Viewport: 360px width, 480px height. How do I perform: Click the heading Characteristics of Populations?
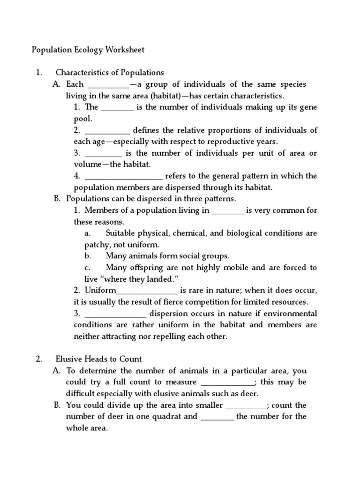tap(110, 73)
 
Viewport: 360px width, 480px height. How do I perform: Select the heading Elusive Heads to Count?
tap(98, 359)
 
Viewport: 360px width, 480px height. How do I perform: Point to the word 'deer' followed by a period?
tap(249, 394)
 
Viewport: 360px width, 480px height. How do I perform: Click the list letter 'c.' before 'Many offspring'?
tap(88, 268)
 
